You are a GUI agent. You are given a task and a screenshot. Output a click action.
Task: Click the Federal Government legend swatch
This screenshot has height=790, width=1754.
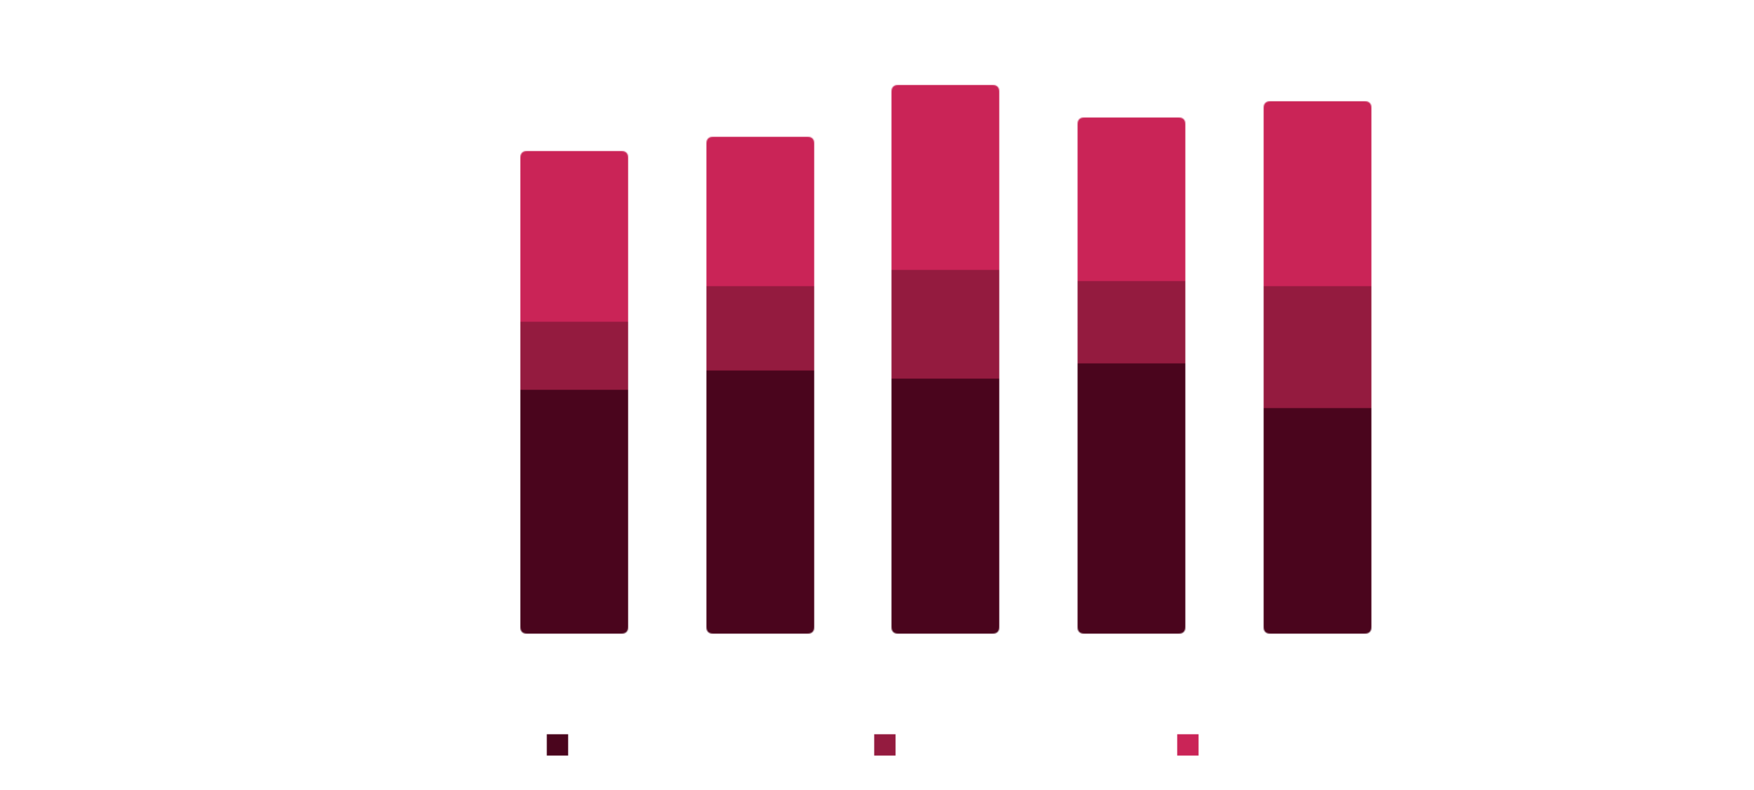pyautogui.click(x=557, y=745)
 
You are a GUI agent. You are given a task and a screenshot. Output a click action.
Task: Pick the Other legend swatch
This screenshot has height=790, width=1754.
pyautogui.click(x=1188, y=745)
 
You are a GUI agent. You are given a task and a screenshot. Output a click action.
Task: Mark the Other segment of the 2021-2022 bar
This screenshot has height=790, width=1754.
pyautogui.click(x=945, y=177)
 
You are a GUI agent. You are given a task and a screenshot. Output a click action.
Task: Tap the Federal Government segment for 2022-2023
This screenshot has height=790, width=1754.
pyautogui.click(x=1131, y=497)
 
